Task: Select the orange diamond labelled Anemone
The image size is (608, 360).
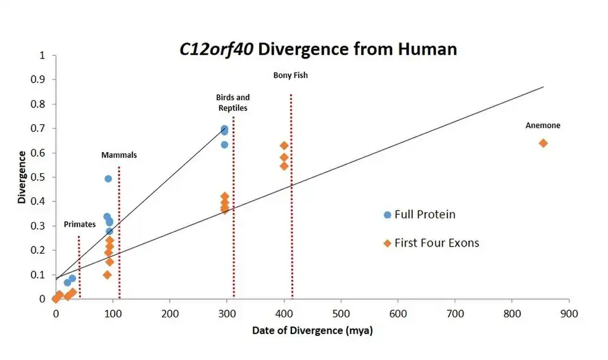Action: (543, 143)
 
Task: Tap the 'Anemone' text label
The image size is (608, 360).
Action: (543, 125)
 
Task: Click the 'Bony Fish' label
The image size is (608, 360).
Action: (291, 75)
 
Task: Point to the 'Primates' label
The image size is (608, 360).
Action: (80, 224)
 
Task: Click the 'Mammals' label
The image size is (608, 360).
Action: (119, 155)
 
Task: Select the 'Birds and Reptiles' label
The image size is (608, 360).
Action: (233, 103)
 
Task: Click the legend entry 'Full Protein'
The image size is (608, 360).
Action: (424, 214)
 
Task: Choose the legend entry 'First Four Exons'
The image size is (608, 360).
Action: (436, 243)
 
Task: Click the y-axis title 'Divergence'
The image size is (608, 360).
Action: (22, 177)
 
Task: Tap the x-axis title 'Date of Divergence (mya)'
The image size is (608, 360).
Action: (312, 331)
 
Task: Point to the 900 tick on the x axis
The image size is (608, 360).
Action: (569, 313)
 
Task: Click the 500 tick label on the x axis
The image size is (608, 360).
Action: (341, 313)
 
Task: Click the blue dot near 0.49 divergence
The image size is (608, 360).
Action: (108, 179)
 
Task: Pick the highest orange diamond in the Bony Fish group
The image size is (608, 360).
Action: (284, 146)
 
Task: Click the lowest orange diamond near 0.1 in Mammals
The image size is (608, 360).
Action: (107, 275)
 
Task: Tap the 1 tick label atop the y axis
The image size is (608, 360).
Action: (43, 56)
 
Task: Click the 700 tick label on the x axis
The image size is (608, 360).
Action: (455, 313)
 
